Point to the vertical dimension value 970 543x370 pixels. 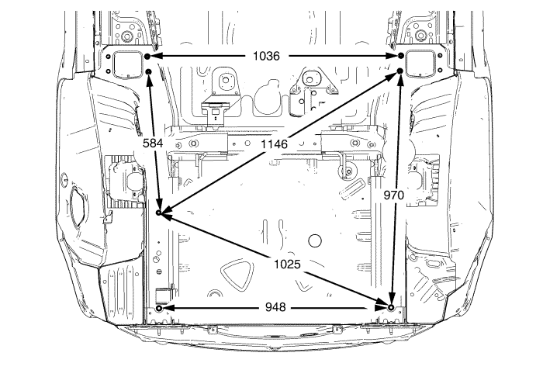pyautogui.click(x=394, y=195)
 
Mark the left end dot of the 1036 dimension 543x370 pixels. pyautogui.click(x=147, y=57)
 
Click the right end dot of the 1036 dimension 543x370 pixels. pyautogui.click(x=401, y=57)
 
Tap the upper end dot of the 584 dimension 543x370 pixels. pyautogui.click(x=148, y=72)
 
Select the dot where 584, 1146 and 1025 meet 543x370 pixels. pyautogui.click(x=158, y=212)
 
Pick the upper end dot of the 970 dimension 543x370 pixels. pyautogui.click(x=400, y=71)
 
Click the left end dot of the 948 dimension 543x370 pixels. pyautogui.click(x=159, y=308)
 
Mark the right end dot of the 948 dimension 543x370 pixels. pyautogui.click(x=391, y=308)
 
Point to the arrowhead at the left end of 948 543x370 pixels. pyautogui.click(x=168, y=308)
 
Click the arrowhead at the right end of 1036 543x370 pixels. pyautogui.click(x=392, y=57)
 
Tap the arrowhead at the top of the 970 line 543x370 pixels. pyautogui.click(x=399, y=81)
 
